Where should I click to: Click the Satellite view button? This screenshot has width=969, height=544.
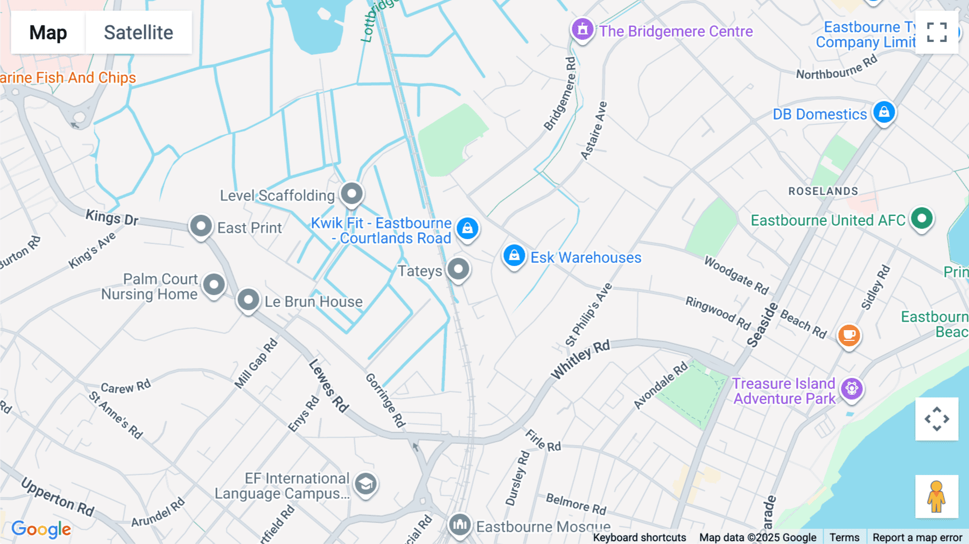click(x=138, y=32)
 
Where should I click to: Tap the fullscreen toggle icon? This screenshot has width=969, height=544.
click(x=937, y=32)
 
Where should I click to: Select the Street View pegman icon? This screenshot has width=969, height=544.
click(x=936, y=496)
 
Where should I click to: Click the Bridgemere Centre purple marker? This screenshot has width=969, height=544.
click(x=582, y=29)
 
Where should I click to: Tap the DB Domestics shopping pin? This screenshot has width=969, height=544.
click(x=884, y=113)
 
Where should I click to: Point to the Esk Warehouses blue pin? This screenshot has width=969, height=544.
click(x=514, y=255)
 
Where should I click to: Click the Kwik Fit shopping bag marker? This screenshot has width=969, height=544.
click(x=467, y=228)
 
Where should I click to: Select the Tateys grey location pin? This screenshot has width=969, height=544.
click(x=459, y=269)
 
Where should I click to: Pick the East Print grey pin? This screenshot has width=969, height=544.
click(x=201, y=226)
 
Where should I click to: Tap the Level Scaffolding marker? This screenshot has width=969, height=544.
click(x=352, y=193)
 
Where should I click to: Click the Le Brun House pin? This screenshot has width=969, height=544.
click(x=248, y=300)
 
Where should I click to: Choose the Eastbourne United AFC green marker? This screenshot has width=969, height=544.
click(x=922, y=219)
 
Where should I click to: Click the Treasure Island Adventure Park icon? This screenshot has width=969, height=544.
click(x=852, y=388)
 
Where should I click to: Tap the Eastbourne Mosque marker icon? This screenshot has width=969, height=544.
click(x=460, y=524)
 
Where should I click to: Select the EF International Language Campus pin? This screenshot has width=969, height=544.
click(x=366, y=484)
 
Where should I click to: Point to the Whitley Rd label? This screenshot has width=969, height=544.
click(x=580, y=359)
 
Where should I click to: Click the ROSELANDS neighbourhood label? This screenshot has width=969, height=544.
click(x=823, y=191)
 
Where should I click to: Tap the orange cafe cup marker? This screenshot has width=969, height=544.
click(x=849, y=335)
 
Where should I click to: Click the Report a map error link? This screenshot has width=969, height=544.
click(x=917, y=538)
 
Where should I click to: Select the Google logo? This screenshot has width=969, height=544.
click(x=41, y=529)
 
